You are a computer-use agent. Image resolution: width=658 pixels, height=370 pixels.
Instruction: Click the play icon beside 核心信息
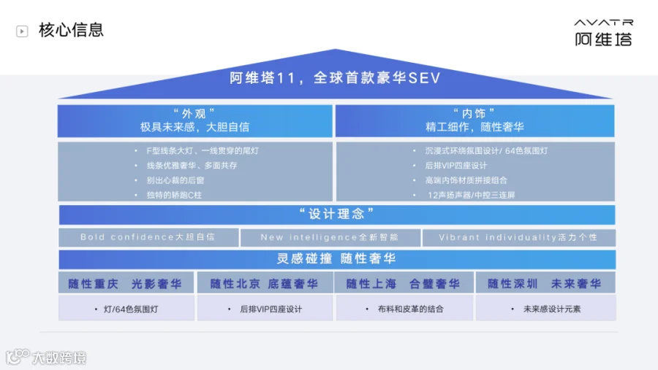tap(22, 31)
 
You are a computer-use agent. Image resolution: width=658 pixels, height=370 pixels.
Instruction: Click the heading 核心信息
tap(71, 30)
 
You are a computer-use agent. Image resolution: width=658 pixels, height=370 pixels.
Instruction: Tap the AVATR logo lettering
tap(603, 22)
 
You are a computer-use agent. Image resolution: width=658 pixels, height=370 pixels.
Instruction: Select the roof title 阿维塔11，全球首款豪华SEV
tap(335, 78)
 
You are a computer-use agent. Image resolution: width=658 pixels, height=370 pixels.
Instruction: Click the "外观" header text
tap(194, 114)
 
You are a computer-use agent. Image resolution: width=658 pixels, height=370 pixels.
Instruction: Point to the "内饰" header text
tap(474, 114)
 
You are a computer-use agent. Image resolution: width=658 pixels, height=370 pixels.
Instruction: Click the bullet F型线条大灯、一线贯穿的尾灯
tap(203, 151)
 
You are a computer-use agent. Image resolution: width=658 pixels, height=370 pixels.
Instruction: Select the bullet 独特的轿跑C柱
tap(174, 196)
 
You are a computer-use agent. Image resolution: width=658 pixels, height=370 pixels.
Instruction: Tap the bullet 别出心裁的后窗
tap(175, 180)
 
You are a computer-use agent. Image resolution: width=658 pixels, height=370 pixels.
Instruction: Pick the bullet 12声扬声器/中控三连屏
tap(471, 196)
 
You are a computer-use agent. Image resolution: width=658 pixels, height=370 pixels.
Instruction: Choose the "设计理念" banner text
tap(336, 214)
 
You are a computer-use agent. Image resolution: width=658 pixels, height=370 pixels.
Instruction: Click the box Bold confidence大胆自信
tap(148, 238)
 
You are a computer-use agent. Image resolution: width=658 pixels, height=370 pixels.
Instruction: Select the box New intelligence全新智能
tap(330, 238)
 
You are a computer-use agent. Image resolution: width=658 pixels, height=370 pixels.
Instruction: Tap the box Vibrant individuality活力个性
tap(519, 238)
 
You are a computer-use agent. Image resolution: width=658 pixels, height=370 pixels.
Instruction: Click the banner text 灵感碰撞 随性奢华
tap(336, 258)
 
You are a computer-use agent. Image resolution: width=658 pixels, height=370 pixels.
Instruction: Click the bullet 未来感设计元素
tap(552, 309)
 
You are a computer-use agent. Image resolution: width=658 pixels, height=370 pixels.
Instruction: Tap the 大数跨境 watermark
tap(46, 357)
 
